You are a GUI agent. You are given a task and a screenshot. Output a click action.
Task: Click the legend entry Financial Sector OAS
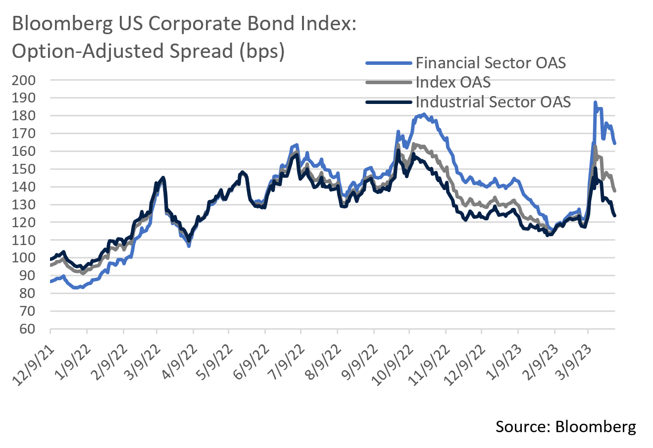click(490, 63)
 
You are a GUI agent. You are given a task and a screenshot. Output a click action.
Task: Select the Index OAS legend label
click(453, 82)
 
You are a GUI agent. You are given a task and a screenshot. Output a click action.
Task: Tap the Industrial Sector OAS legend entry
click(493, 102)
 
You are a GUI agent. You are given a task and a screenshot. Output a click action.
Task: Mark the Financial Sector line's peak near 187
click(595, 102)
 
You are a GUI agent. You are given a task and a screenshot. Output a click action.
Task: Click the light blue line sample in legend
click(389, 63)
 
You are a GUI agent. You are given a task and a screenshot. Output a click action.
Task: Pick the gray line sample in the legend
click(389, 82)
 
